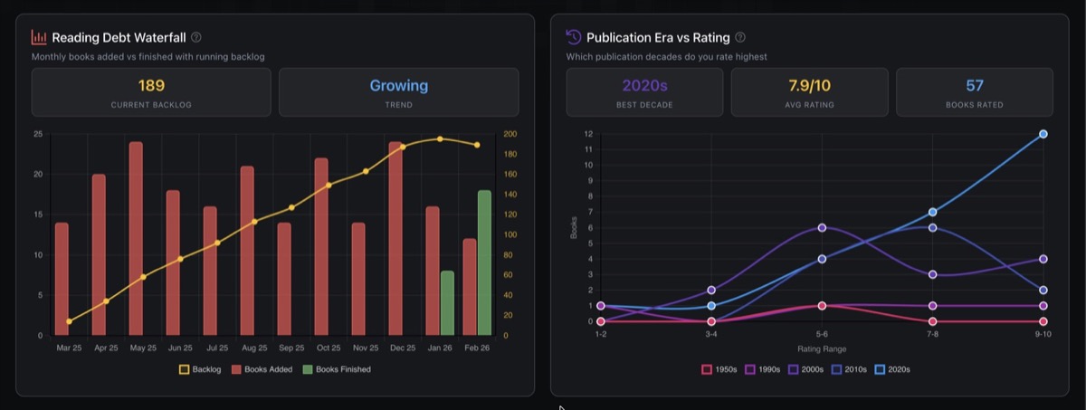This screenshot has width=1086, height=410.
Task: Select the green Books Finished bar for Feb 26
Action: click(484, 262)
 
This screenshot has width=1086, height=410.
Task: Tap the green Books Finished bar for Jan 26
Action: click(447, 302)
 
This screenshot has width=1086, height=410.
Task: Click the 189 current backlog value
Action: click(151, 86)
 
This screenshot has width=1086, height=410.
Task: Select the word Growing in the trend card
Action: click(398, 86)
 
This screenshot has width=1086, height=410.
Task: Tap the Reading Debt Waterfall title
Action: click(118, 38)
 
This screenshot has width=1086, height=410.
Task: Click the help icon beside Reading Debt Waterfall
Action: click(196, 38)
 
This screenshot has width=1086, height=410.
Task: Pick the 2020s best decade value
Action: click(644, 86)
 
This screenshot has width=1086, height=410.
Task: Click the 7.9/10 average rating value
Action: click(809, 86)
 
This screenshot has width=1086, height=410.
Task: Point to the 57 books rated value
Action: click(974, 86)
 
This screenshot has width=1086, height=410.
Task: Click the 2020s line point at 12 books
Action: click(1043, 134)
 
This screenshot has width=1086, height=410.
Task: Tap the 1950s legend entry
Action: click(719, 369)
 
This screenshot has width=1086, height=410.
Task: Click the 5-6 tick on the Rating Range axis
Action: click(822, 335)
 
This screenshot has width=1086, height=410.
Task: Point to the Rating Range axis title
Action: click(822, 348)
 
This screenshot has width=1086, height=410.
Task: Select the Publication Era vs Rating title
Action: click(658, 38)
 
